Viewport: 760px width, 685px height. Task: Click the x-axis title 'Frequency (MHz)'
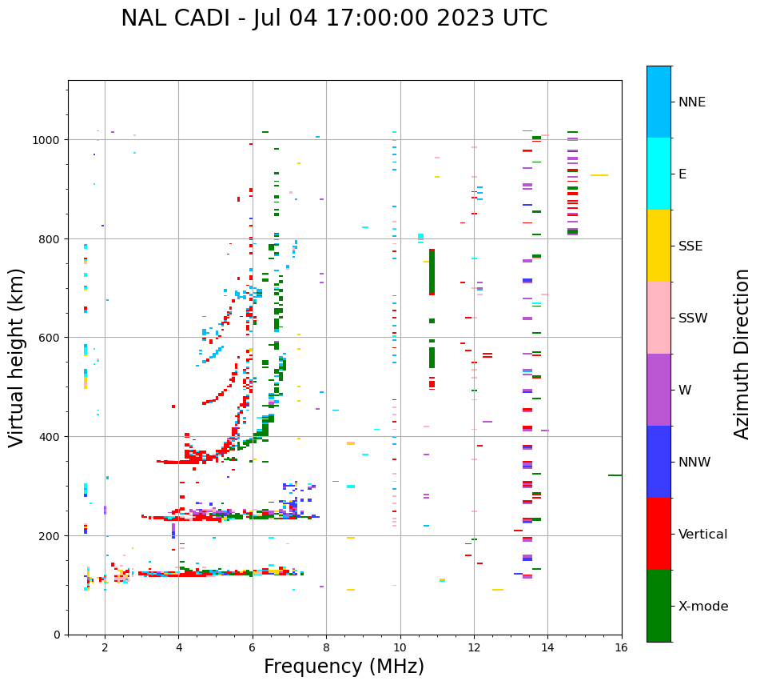[344, 667]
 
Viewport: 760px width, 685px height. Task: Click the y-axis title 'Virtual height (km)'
[17, 357]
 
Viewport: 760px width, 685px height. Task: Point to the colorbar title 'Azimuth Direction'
[742, 354]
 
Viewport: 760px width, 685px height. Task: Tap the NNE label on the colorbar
[692, 102]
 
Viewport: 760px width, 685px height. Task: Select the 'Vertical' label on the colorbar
[702, 535]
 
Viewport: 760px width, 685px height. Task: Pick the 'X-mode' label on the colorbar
[703, 607]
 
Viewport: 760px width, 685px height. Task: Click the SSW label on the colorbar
[693, 318]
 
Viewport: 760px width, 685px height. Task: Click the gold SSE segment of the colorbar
[659, 246]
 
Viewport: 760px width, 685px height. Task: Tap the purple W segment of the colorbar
[659, 390]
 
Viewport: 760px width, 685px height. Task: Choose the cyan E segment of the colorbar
[659, 174]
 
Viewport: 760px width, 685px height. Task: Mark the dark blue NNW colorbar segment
[659, 462]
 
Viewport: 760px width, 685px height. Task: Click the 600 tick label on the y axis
[50, 338]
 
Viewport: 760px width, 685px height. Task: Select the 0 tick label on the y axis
[58, 635]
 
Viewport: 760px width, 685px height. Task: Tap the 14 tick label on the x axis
[547, 647]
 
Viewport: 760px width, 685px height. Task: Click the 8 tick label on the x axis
[326, 647]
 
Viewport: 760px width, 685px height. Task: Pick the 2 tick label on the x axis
[105, 647]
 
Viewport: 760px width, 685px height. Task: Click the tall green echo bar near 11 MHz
[432, 272]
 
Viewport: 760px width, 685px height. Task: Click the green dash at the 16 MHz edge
[615, 475]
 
